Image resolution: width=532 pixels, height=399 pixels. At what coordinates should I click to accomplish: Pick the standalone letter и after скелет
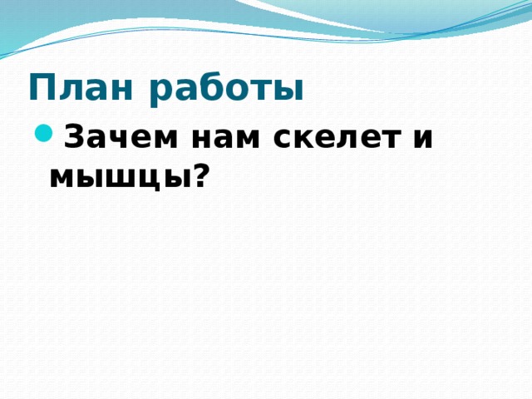click(x=421, y=138)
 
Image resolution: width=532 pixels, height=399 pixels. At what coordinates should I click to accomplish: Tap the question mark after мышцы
click(x=199, y=172)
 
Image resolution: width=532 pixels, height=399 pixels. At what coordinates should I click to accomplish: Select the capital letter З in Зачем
click(x=74, y=135)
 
